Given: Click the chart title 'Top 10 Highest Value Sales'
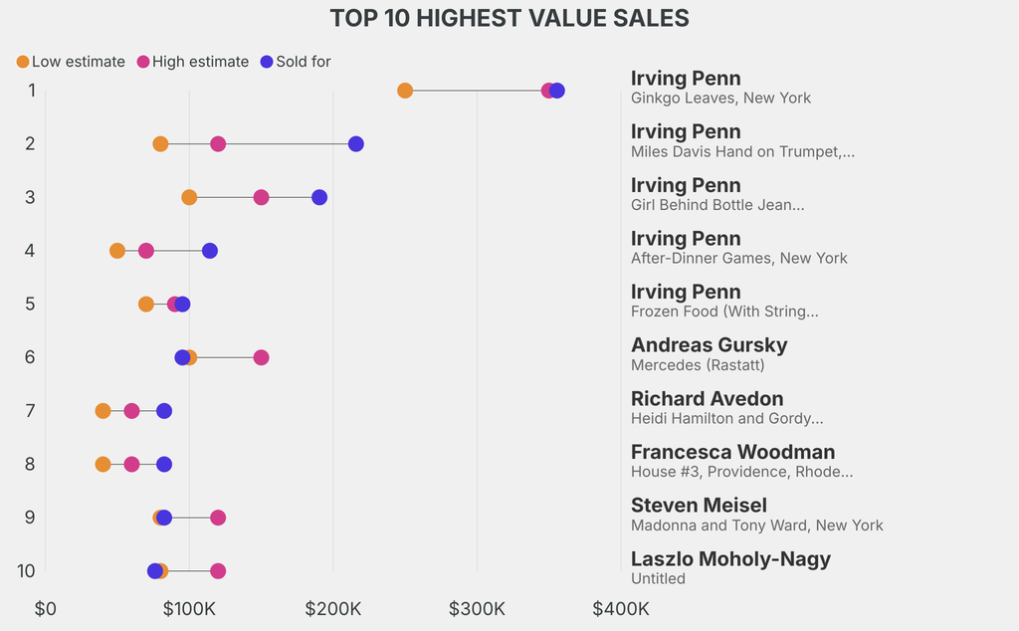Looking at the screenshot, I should click(509, 18).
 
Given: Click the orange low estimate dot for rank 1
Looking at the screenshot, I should click(405, 91).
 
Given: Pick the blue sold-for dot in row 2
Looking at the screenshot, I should click(356, 144).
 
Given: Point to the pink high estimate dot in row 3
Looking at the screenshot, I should click(261, 197).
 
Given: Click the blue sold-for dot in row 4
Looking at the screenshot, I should click(210, 251).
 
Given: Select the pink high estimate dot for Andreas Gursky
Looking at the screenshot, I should click(261, 357).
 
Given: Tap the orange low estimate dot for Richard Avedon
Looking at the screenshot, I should click(102, 411).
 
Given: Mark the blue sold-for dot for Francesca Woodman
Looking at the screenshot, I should click(164, 464).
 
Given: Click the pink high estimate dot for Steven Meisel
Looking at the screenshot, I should click(218, 518).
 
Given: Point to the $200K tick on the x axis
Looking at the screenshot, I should click(333, 608).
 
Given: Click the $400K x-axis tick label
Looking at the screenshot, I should click(621, 608).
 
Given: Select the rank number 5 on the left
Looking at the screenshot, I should click(30, 304).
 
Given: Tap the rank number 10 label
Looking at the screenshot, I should click(27, 570).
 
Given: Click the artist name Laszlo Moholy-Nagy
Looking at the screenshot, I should click(730, 558).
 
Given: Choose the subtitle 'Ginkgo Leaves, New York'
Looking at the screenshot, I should click(720, 98).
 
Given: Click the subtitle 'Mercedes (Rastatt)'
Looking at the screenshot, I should click(698, 364).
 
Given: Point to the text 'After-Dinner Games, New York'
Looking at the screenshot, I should click(739, 258).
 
